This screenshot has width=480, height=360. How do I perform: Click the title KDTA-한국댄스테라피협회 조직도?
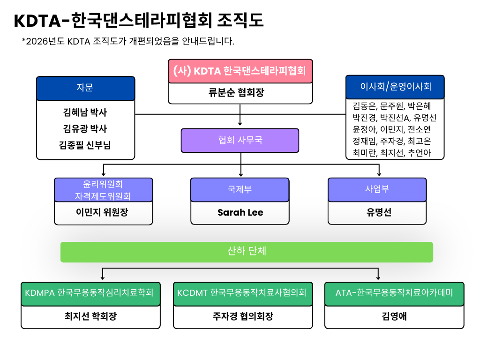[x=139, y=21]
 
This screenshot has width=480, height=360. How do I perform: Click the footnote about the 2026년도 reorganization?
[x=128, y=41]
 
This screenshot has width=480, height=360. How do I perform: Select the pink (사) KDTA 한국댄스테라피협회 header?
[x=240, y=71]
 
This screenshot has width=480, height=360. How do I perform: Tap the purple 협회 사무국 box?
[x=240, y=140]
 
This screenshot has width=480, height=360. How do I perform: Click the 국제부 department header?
[x=240, y=189]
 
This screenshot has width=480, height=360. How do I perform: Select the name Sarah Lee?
[x=240, y=212]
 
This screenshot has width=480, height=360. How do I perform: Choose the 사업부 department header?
[x=377, y=189]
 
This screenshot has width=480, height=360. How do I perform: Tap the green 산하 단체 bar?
[x=247, y=251]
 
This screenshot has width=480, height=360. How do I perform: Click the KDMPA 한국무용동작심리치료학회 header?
[x=90, y=293]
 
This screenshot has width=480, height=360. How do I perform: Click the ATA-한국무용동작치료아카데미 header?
[x=394, y=293]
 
